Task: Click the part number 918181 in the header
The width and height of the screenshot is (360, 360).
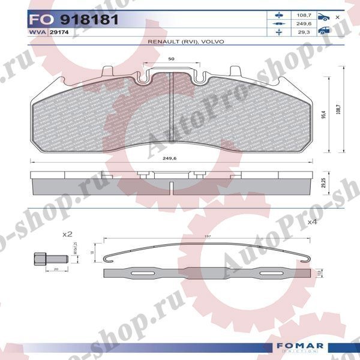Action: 84,20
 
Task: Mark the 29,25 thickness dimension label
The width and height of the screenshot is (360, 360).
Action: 324,183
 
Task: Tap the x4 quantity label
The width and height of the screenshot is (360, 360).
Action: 311,222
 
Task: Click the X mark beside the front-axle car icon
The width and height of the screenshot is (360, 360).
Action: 337,17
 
